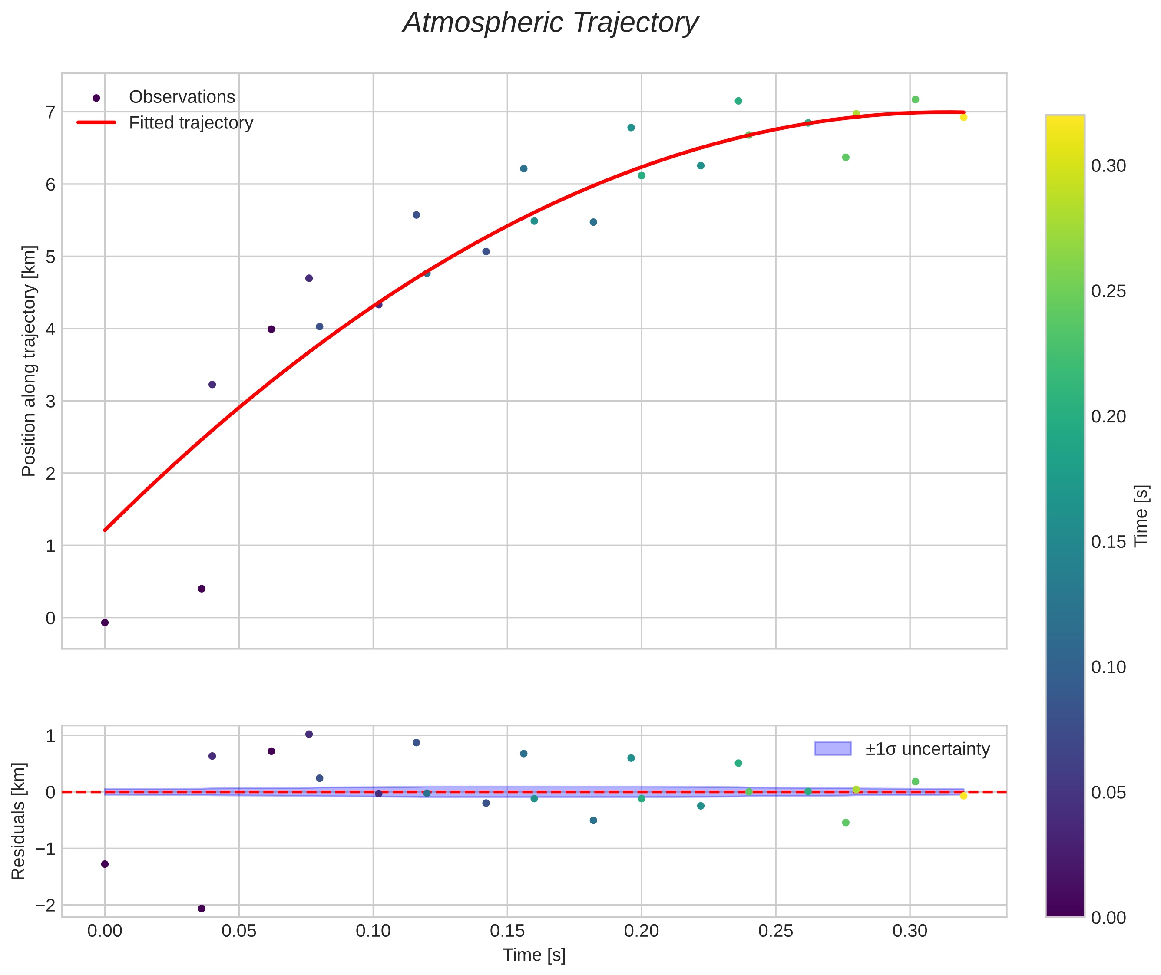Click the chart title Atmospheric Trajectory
(550, 23)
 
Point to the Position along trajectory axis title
(29, 360)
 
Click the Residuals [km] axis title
(18, 821)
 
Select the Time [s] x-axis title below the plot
(534, 955)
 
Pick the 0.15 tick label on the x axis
(507, 931)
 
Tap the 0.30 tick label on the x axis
(910, 931)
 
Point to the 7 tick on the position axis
(51, 112)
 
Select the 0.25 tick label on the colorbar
(1108, 291)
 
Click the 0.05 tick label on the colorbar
(1108, 793)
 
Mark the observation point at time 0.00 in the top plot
(105, 623)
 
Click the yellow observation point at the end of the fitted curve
(963, 117)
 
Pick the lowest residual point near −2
(202, 908)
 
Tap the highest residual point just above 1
(309, 734)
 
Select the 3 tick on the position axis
(51, 401)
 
